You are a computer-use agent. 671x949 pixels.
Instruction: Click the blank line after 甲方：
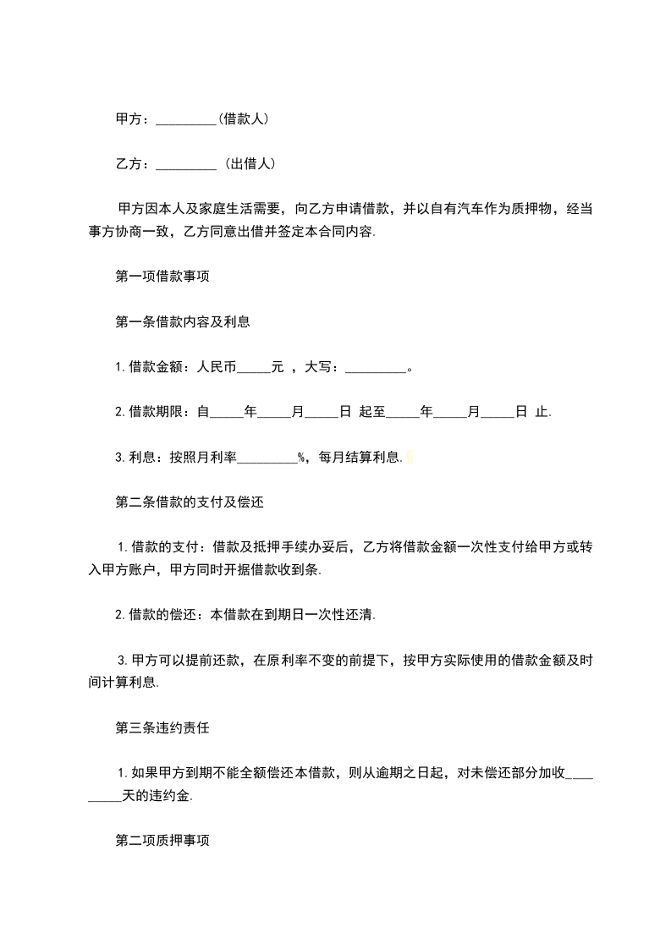(x=187, y=120)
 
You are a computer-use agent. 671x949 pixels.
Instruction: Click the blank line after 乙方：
(x=187, y=165)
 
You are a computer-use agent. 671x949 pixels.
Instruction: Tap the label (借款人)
(x=244, y=119)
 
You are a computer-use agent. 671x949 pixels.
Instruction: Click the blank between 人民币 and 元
(x=255, y=367)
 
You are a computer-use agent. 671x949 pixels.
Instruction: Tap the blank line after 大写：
(x=377, y=368)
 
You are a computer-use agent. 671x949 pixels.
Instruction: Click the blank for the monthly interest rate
(x=267, y=458)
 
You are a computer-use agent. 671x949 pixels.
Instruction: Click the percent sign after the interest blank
(x=301, y=458)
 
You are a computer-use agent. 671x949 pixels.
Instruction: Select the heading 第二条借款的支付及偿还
(x=190, y=502)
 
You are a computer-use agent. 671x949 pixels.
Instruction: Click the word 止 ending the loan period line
(x=541, y=412)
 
